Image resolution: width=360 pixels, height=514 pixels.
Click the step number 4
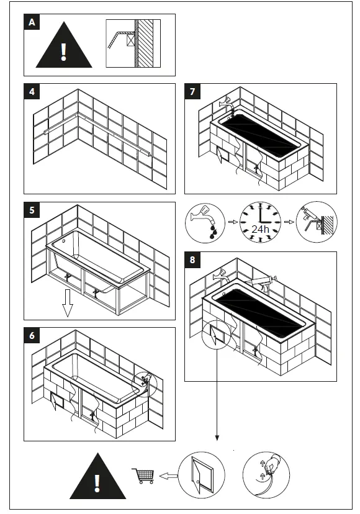[32, 92]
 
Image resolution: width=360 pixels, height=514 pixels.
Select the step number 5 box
[32, 210]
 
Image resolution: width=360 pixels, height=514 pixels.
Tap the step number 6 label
[32, 335]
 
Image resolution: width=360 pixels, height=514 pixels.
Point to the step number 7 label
[193, 92]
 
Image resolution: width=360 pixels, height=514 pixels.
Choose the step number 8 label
[193, 259]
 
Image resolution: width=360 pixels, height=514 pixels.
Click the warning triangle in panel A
[64, 46]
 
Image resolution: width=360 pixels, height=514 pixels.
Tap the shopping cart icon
[143, 476]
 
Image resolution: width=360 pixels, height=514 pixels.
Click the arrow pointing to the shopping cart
[166, 476]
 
